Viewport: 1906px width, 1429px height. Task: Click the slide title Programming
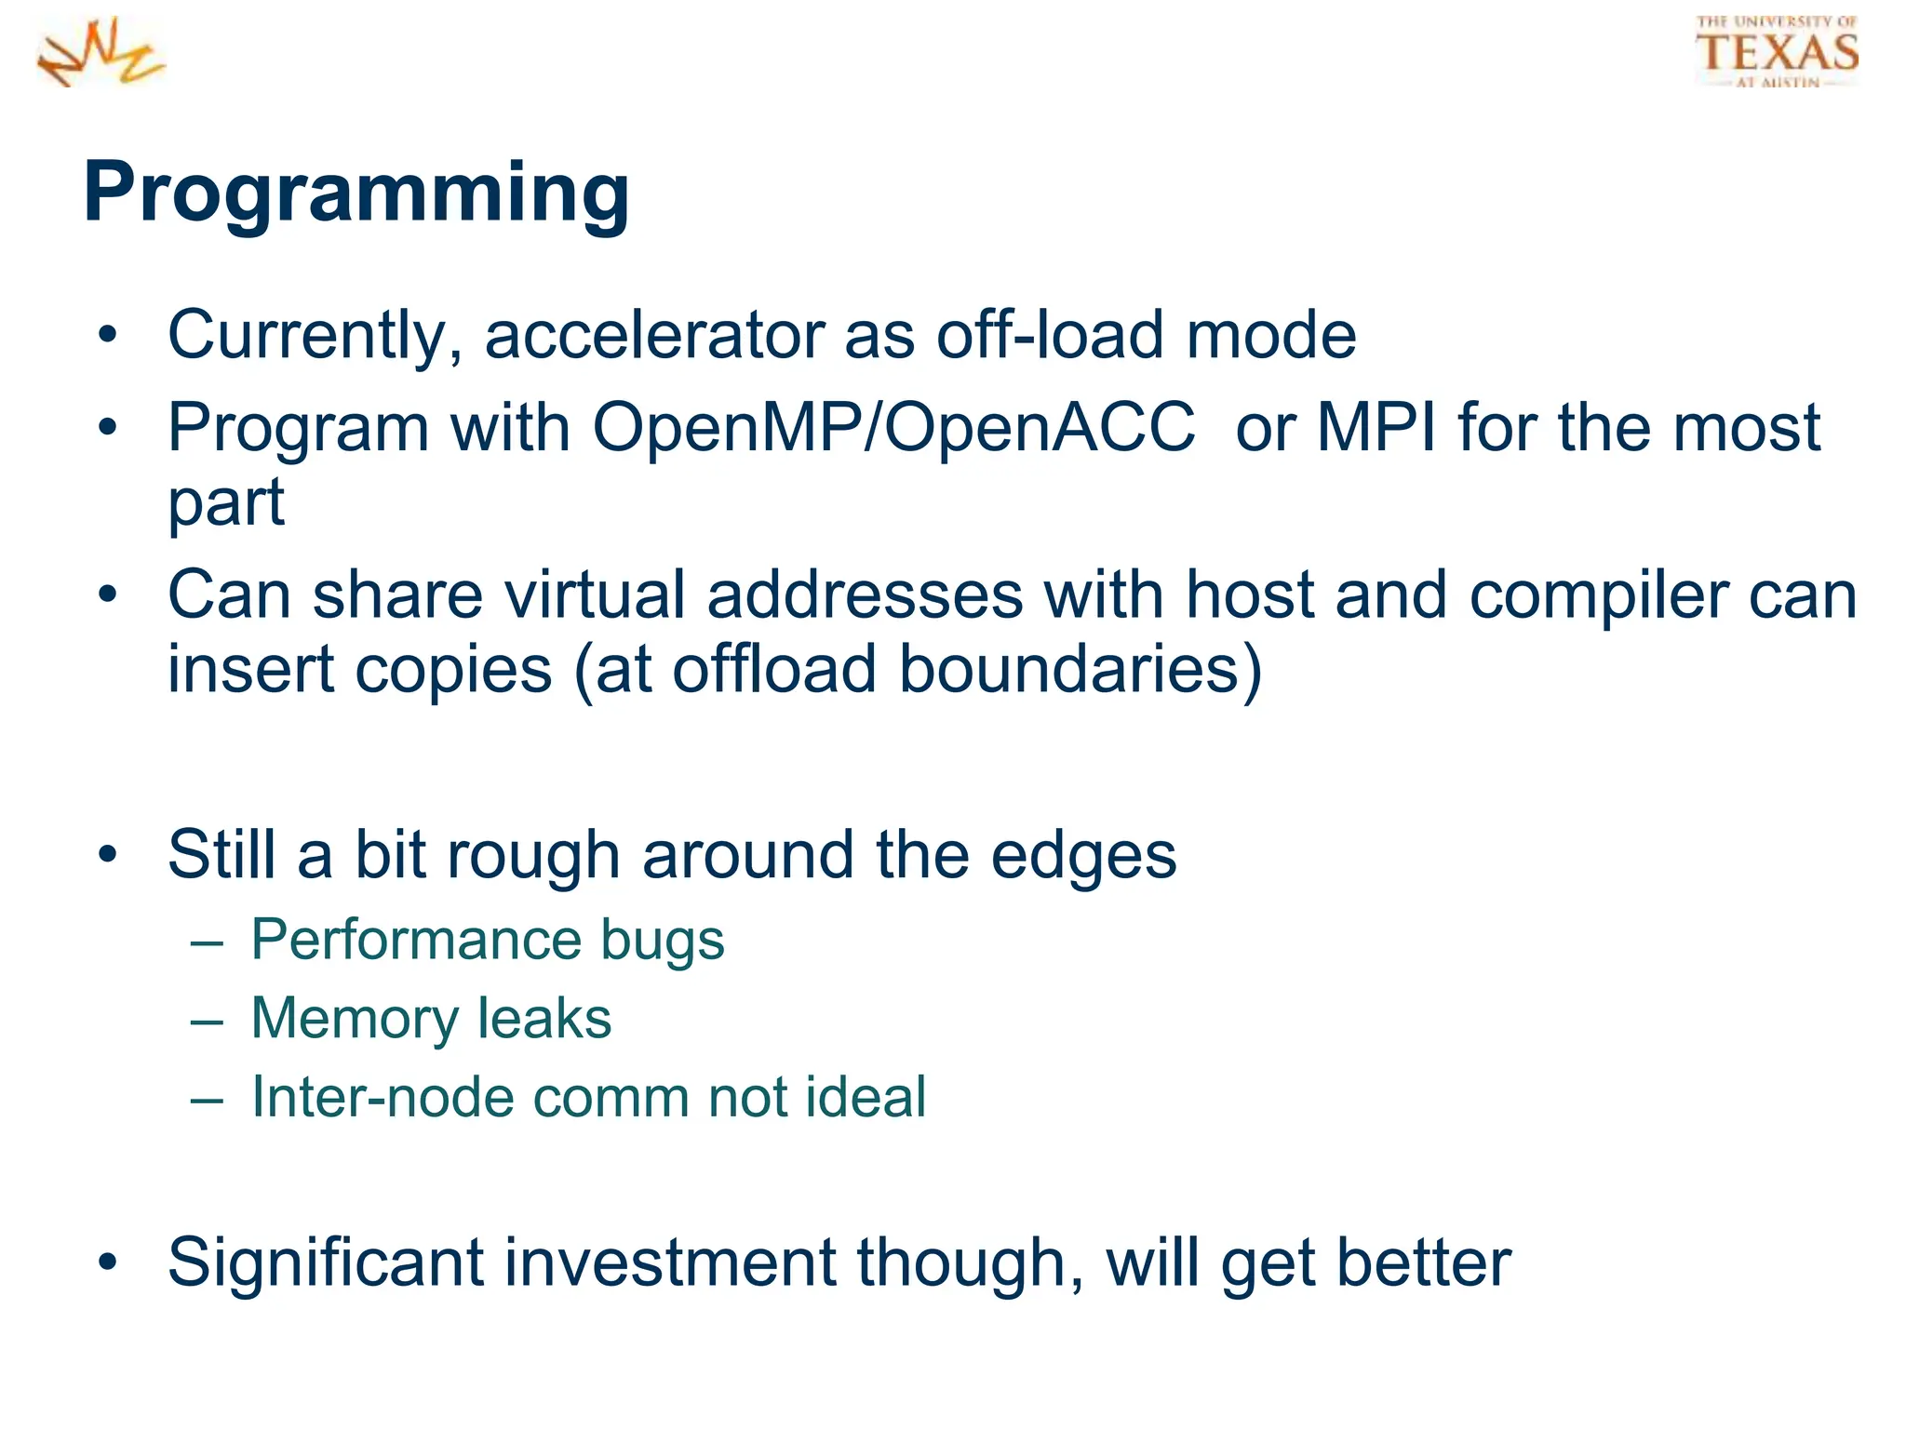click(x=356, y=193)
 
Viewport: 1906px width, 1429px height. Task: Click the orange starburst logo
click(x=101, y=53)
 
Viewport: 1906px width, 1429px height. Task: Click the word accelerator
click(x=653, y=336)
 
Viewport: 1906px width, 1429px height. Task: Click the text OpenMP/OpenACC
click(x=893, y=428)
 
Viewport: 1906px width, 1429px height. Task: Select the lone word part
click(x=226, y=503)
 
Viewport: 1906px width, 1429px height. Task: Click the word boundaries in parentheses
click(x=1070, y=670)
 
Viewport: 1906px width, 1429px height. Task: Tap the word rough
click(x=533, y=855)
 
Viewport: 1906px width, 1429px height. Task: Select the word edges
click(x=1083, y=855)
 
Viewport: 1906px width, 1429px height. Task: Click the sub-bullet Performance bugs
click(x=487, y=940)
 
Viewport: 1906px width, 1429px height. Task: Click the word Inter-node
click(x=381, y=1097)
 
